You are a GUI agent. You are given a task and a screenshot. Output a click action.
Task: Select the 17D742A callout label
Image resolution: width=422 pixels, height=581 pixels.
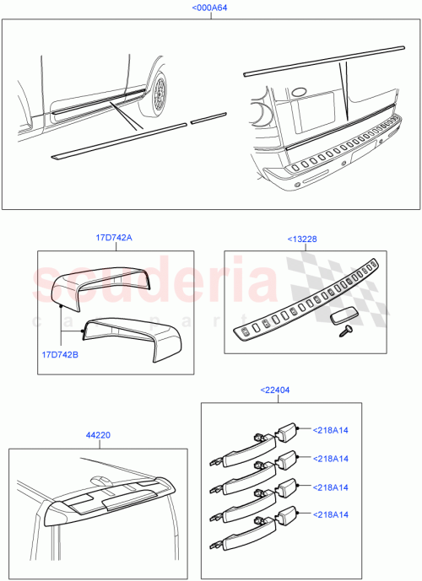[x=115, y=238]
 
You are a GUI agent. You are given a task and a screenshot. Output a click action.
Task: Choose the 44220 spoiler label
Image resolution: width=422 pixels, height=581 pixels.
[x=99, y=436]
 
